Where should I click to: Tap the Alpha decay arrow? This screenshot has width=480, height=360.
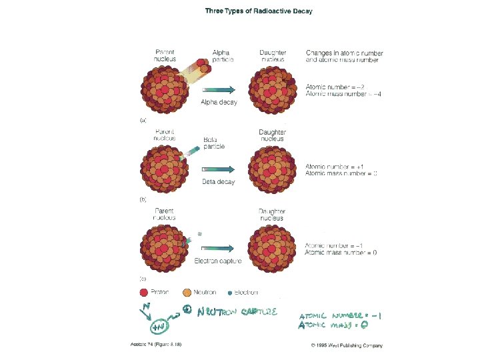[x=219, y=89]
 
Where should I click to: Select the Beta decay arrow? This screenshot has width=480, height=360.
[x=219, y=169]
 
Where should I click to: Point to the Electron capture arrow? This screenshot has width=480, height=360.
[x=219, y=248]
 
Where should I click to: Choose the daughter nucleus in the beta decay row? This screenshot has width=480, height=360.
[x=272, y=170]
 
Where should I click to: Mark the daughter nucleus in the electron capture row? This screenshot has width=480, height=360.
[x=272, y=249]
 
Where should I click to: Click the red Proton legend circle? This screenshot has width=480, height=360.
[x=143, y=292]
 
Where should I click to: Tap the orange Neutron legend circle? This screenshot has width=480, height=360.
[x=187, y=292]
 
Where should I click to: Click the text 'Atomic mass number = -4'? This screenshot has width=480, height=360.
[x=343, y=94]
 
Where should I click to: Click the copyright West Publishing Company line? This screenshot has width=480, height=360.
[x=347, y=345]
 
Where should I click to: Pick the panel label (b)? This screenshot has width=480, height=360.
[x=143, y=199]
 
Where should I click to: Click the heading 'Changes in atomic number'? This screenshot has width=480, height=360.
[x=344, y=53]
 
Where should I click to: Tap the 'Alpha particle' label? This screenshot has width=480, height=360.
[x=221, y=55]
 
